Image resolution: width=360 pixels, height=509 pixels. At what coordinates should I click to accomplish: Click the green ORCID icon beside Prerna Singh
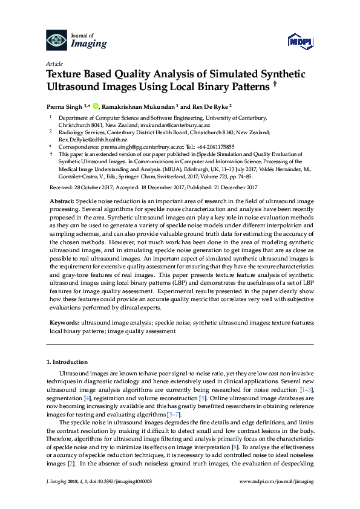pos(95,106)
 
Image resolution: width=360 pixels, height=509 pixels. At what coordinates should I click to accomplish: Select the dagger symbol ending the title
pos(275,86)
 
